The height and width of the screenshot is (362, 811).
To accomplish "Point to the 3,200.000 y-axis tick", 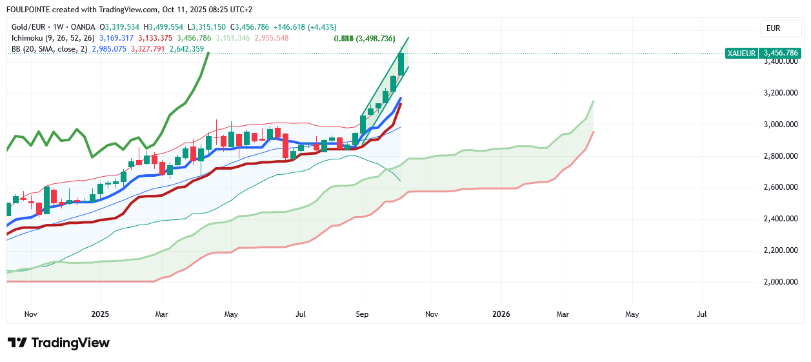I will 781,93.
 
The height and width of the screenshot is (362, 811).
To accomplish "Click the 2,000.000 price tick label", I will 781,282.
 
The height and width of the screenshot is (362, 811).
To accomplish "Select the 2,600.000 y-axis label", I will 781,188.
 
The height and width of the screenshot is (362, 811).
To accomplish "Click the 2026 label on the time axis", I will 501,314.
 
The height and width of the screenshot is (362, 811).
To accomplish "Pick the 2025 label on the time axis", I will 100,314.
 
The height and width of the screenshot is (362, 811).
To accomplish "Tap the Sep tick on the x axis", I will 362,314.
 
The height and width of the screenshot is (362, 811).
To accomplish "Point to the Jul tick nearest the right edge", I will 702,314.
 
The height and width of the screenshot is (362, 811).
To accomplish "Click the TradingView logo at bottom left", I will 58,343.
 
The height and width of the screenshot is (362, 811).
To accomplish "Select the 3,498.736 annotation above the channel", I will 375,39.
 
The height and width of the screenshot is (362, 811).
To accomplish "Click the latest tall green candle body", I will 401,64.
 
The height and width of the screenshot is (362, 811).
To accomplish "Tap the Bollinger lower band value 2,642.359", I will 186,48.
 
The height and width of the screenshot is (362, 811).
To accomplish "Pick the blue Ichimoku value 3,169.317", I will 116,38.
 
